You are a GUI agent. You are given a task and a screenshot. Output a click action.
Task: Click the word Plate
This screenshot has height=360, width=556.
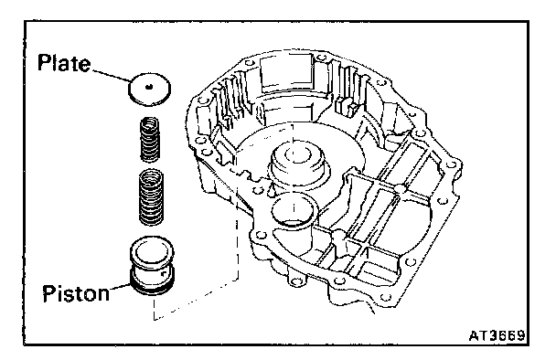point(64,63)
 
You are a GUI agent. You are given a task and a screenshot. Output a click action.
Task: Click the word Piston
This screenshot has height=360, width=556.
point(76,293)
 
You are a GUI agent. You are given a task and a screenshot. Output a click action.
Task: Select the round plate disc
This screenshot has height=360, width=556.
point(149,89)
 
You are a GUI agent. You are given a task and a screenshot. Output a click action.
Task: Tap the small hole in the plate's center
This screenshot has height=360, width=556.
point(149,86)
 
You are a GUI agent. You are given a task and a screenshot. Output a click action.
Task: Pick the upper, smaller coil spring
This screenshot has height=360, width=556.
point(150,139)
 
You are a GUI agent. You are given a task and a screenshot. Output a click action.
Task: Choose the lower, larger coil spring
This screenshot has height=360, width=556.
point(151,196)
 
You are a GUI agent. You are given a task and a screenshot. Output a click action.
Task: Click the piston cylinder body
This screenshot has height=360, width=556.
point(152,265)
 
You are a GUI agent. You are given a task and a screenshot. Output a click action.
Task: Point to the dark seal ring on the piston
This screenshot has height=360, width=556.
point(152,286)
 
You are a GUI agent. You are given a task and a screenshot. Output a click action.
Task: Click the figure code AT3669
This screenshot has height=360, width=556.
point(497,335)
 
